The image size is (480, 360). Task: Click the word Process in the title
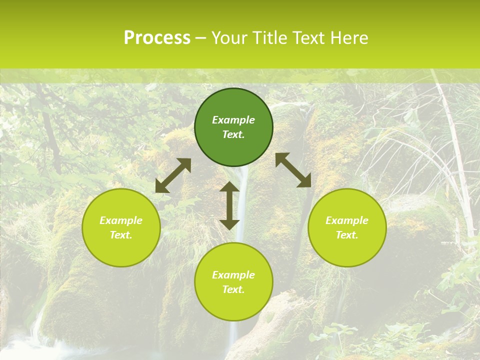click(x=157, y=38)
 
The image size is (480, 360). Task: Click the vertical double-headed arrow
click(x=229, y=206)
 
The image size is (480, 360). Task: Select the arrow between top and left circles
click(x=173, y=175)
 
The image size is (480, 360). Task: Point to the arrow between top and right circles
click(x=293, y=170)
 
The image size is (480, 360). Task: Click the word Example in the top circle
click(x=233, y=120)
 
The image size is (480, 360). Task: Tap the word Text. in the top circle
click(x=233, y=134)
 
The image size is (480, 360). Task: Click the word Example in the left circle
click(x=121, y=220)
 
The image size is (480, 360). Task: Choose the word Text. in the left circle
click(x=121, y=235)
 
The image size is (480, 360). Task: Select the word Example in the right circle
click(x=347, y=220)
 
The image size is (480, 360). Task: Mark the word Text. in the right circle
click(x=347, y=235)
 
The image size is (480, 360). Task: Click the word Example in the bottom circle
click(x=233, y=275)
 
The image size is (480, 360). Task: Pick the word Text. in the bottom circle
click(x=233, y=289)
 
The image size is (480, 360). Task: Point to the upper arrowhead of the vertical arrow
click(x=229, y=187)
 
